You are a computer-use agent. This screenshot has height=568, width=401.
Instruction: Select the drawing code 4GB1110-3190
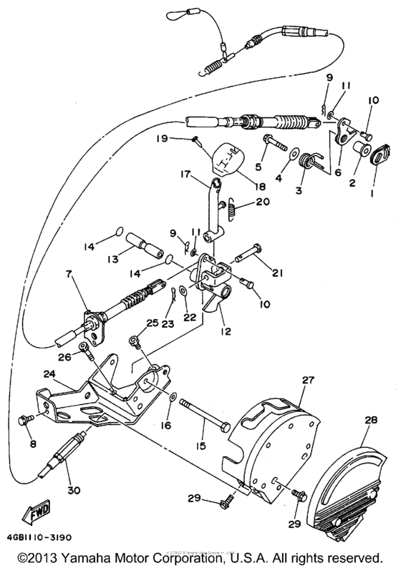[42, 536]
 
